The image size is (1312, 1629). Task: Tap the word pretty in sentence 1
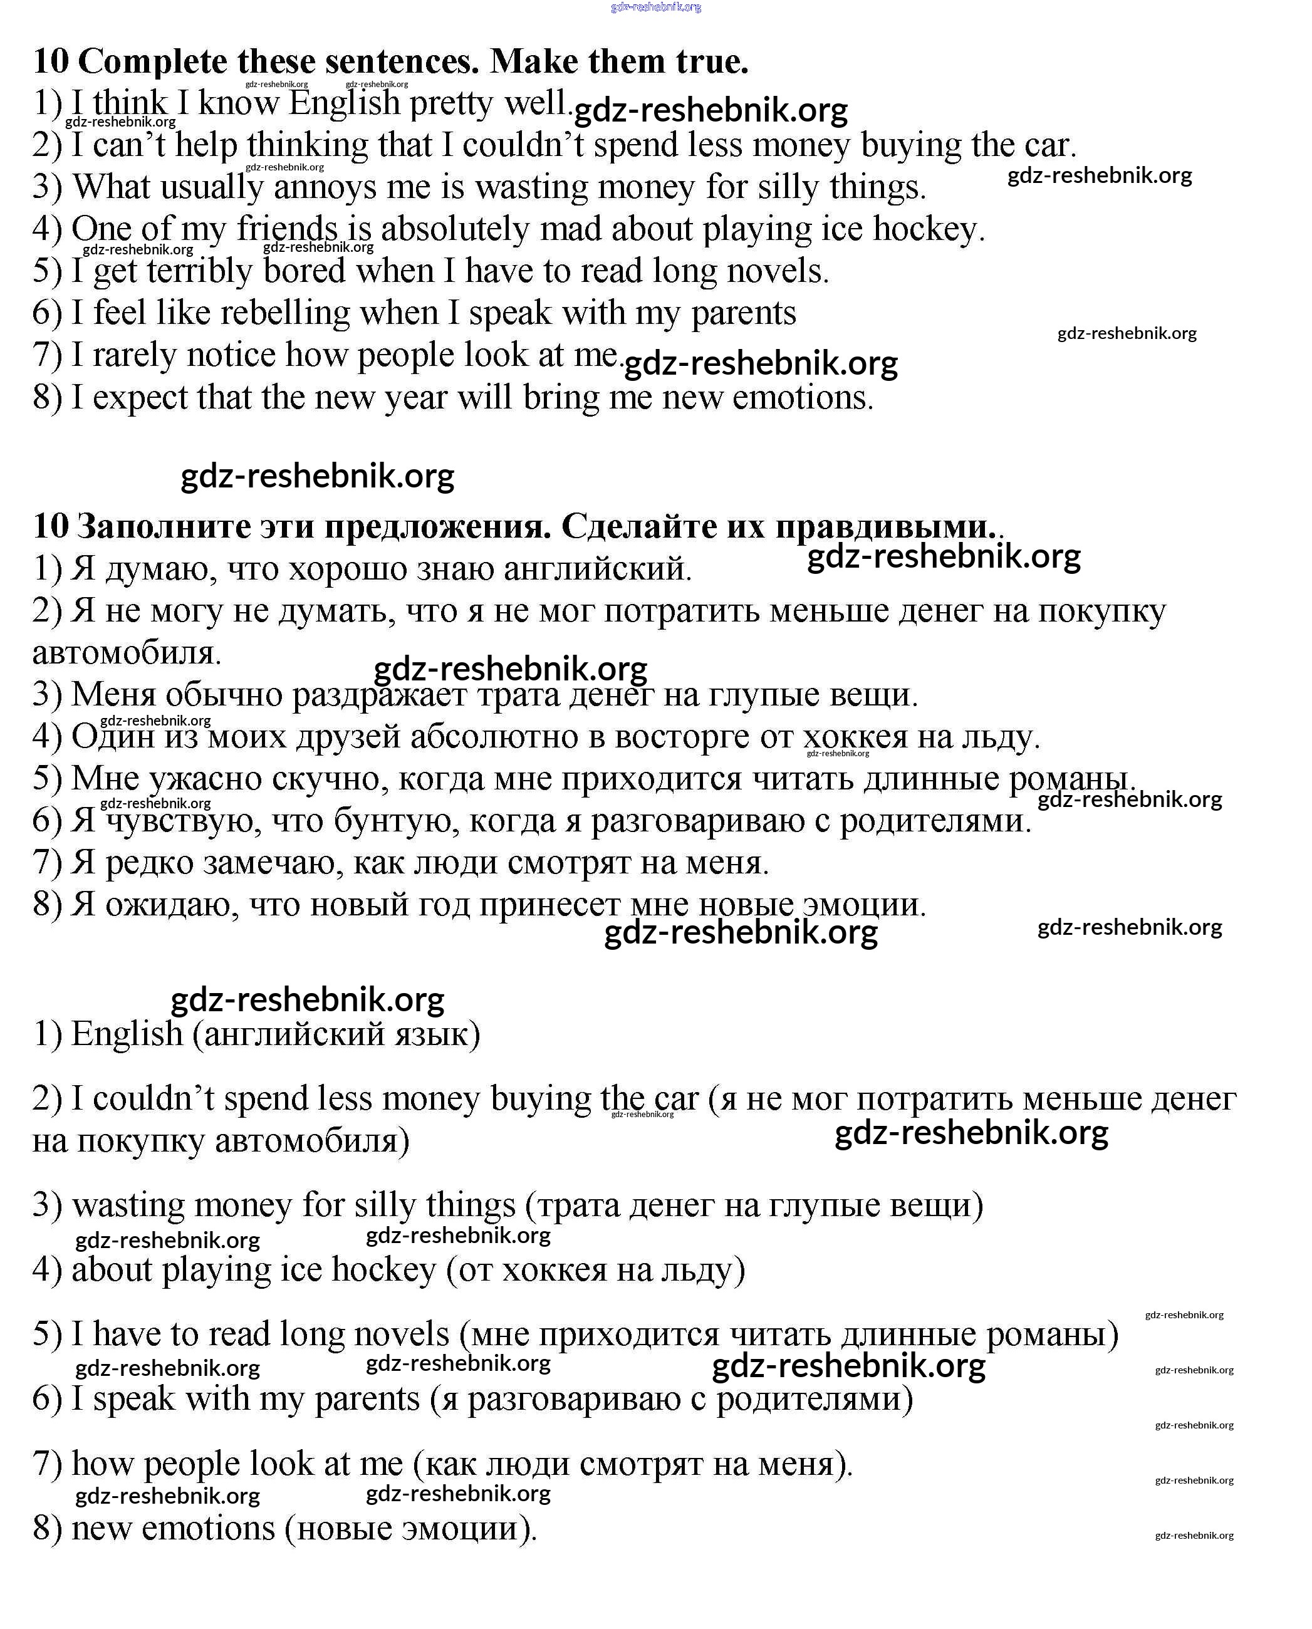[451, 103]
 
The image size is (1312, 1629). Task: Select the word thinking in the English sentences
[308, 145]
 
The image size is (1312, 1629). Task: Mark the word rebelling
[286, 313]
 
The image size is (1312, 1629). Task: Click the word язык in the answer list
[439, 1034]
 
